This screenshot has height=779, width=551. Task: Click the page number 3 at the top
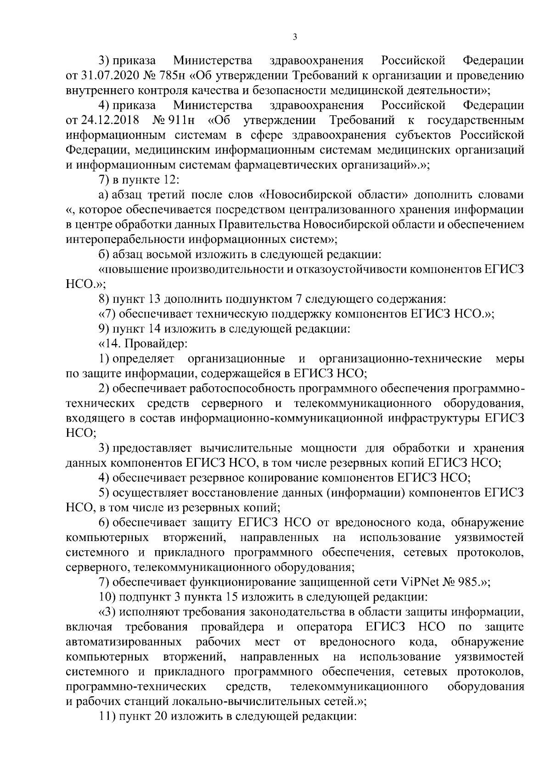click(x=295, y=37)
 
